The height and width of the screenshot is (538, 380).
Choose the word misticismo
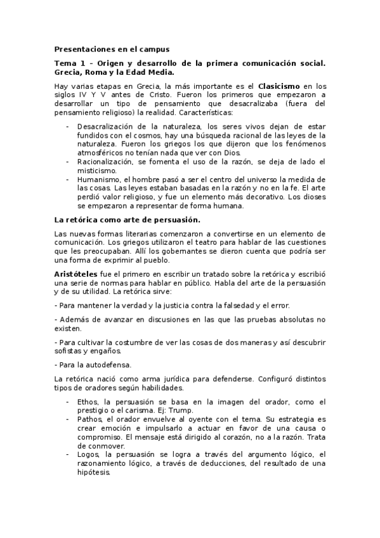(x=96, y=171)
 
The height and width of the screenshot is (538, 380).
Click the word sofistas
(x=72, y=351)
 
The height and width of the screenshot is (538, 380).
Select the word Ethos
(x=88, y=402)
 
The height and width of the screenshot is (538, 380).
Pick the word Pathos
(x=90, y=419)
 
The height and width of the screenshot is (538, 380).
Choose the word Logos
(x=88, y=455)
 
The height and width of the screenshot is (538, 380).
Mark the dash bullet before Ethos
(x=68, y=402)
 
